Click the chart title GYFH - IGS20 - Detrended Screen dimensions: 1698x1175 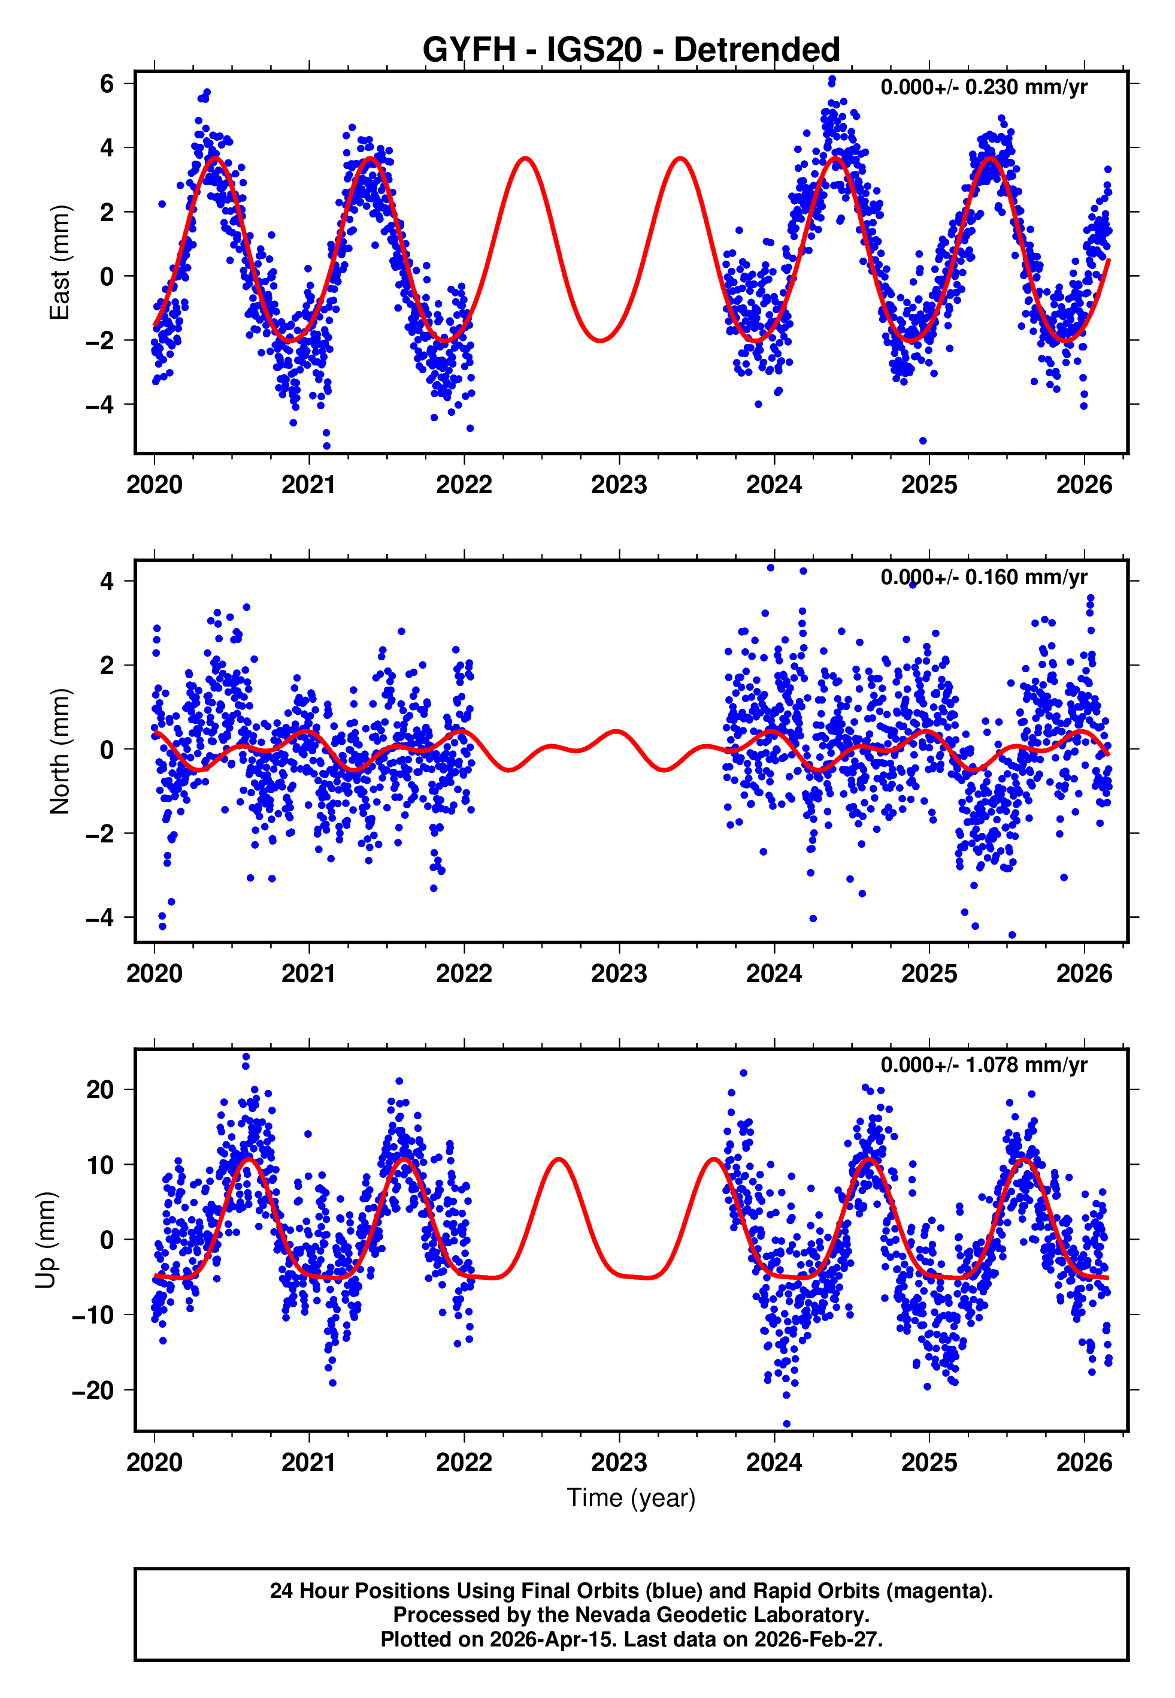pos(631,49)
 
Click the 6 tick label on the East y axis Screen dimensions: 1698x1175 pos(107,84)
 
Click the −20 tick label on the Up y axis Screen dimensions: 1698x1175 pos(93,1390)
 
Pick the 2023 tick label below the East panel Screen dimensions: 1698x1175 pos(619,485)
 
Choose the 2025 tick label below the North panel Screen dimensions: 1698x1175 pos(928,974)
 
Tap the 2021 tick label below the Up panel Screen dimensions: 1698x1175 pos(308,1462)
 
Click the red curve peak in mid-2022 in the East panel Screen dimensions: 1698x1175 pos(525,158)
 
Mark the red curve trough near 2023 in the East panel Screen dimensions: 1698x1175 pos(601,340)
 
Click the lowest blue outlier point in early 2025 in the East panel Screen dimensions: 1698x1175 pos(923,440)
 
